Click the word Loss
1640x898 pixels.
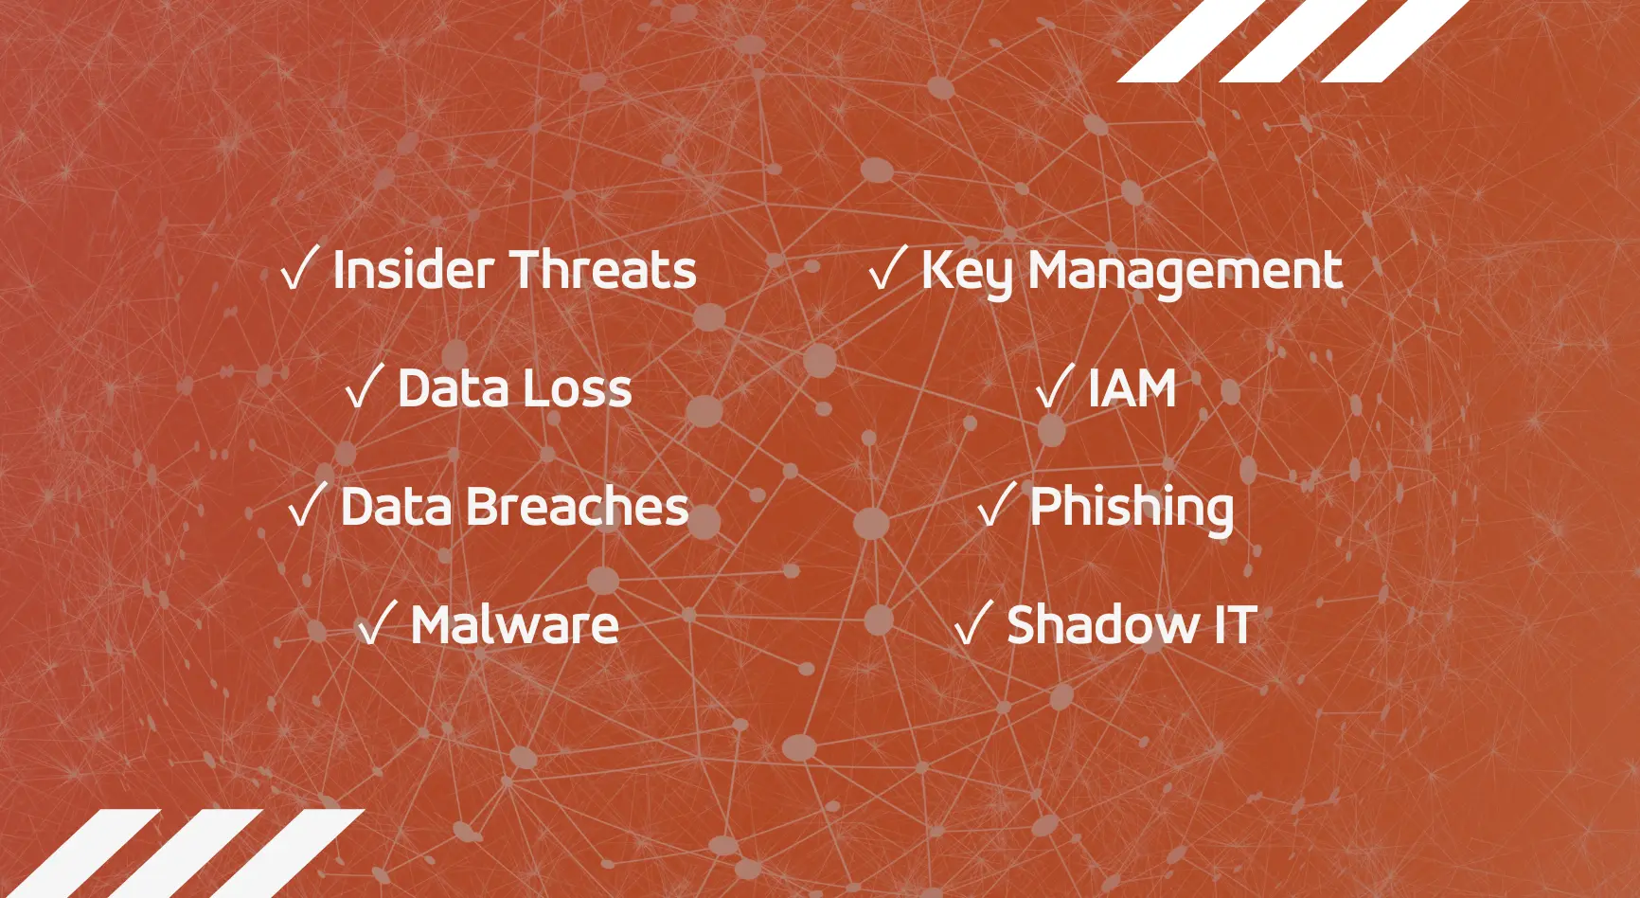[574, 388]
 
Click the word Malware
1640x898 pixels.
[515, 625]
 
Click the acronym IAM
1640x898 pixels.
[1132, 388]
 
